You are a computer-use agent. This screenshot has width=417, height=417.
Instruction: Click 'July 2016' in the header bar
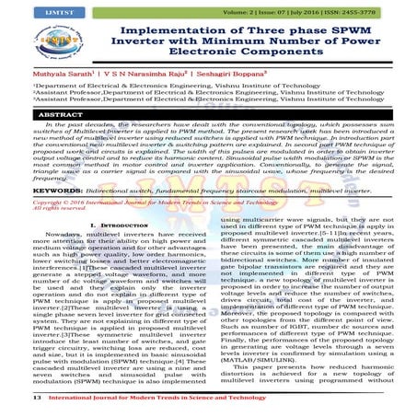(312, 10)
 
